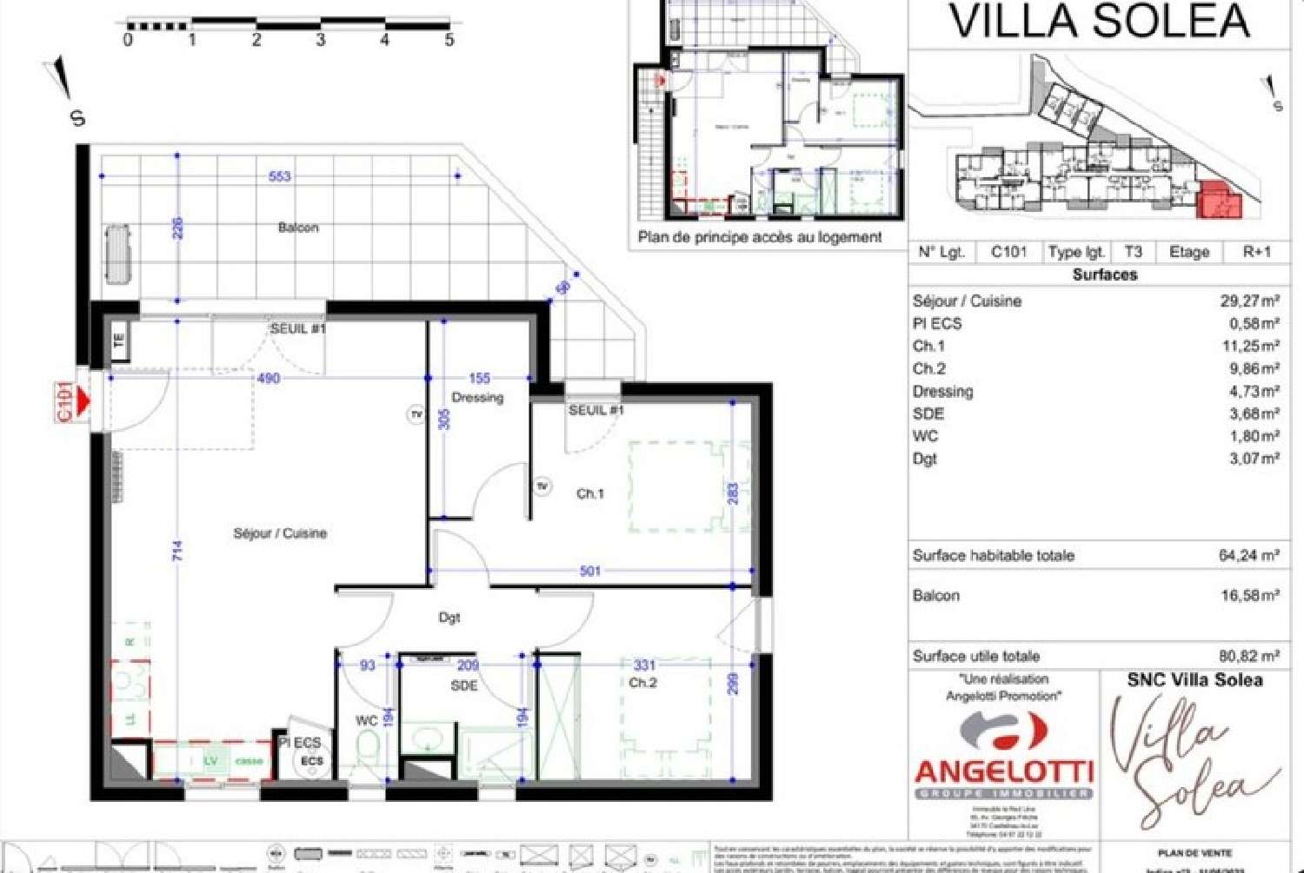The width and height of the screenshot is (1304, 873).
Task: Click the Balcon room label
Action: coord(298,228)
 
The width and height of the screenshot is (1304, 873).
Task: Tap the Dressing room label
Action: coord(477,397)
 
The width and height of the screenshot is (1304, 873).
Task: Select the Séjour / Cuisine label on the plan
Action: coord(280,533)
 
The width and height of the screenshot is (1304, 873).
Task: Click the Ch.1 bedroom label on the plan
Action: coord(589,493)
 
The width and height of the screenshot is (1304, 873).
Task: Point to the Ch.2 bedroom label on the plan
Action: coord(642,683)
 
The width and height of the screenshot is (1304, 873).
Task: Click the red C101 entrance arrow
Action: coord(83,400)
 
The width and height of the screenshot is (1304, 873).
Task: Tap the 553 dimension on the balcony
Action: coord(279,176)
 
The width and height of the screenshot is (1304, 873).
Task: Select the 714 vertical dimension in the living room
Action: coord(177,550)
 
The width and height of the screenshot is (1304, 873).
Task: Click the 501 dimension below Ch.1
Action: coord(589,571)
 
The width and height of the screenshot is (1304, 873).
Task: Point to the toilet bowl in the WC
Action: coord(369,745)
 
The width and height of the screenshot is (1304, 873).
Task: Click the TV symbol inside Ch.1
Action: coord(542,486)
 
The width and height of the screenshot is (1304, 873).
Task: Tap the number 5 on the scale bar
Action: coord(449,40)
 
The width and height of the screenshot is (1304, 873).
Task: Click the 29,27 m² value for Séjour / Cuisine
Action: coord(1249,301)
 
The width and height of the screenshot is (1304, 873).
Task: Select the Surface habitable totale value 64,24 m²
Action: coord(1248,556)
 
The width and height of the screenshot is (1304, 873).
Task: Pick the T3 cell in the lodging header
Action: coord(1133,252)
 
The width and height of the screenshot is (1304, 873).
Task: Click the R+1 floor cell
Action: coord(1256,252)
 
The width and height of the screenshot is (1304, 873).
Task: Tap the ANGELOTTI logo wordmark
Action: coord(1003,770)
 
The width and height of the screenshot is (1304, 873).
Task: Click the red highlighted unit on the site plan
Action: coord(1219,202)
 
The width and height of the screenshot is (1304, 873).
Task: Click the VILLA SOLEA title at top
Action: coord(1099,21)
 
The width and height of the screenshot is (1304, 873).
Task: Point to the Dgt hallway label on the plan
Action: coord(449,618)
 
